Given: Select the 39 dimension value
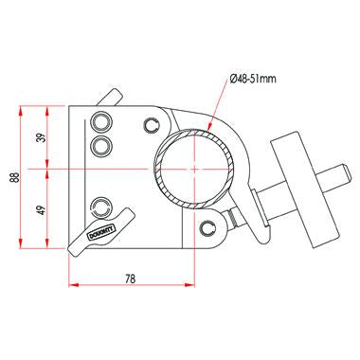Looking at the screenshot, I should tap(39, 137).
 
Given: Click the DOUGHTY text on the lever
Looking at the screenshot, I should tap(99, 231).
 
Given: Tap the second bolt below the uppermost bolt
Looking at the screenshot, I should tap(100, 144).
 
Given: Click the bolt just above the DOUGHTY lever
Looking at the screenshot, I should tap(101, 206).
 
